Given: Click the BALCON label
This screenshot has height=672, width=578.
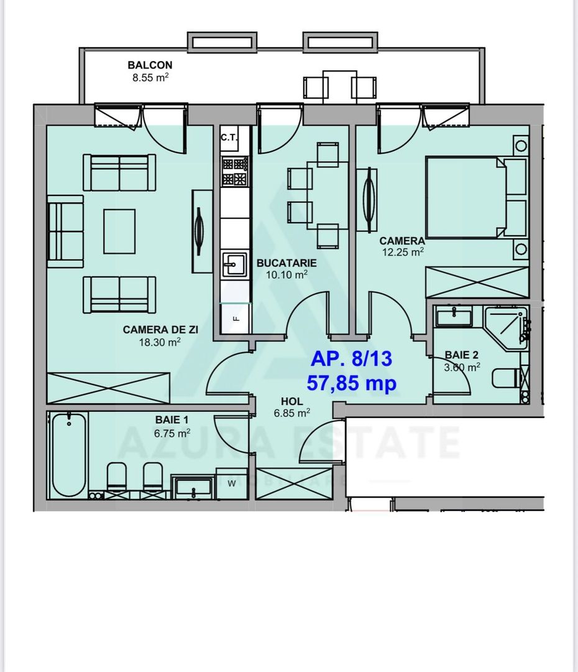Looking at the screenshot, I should (150, 65).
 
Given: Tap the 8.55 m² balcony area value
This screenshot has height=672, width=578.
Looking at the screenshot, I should (150, 78).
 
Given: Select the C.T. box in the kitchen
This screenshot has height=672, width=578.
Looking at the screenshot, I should (229, 138).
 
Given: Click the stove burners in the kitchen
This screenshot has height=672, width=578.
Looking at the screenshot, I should (236, 172).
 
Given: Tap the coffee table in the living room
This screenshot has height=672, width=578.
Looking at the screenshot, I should (119, 231).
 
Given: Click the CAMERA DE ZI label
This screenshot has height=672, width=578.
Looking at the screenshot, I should (160, 330).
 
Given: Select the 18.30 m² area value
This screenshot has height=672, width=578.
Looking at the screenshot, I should (160, 342).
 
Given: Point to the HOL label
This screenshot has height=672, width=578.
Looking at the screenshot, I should (291, 401).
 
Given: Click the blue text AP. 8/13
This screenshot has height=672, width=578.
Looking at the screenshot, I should (351, 360).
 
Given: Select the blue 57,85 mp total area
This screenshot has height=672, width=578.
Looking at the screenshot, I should (351, 383).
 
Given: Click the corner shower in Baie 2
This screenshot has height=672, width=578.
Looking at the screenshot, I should (507, 327).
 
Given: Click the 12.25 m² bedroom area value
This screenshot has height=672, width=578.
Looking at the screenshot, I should (401, 252).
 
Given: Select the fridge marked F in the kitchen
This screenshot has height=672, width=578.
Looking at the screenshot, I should (236, 318).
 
